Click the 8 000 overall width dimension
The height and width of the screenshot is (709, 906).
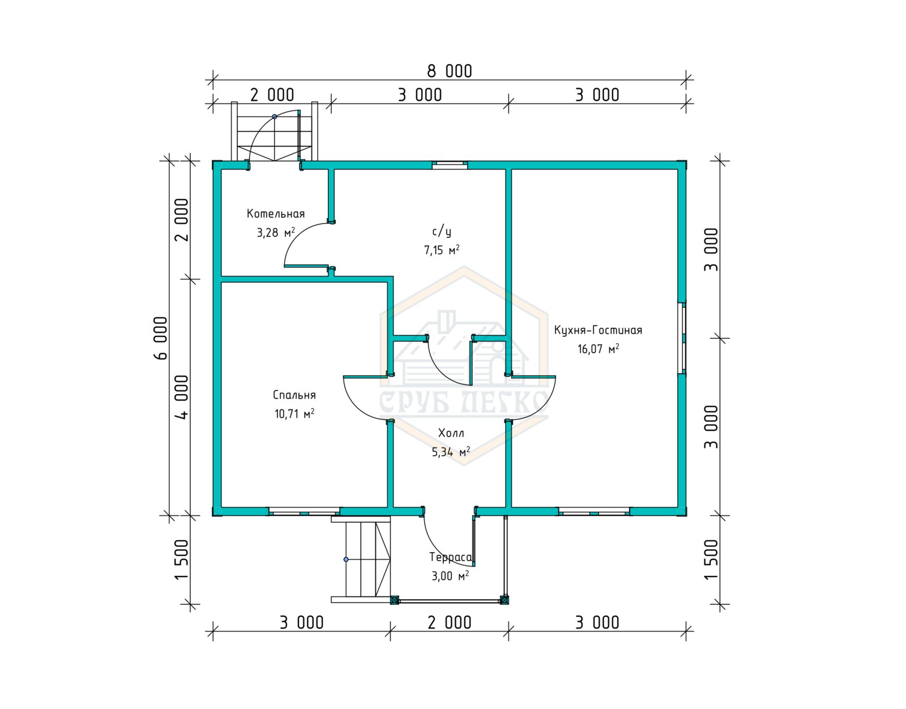coord(449,71)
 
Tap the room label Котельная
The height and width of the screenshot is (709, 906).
coord(276,214)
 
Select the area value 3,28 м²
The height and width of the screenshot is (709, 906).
coord(276,232)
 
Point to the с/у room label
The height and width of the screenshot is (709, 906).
coord(442,232)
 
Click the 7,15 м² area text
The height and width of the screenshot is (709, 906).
coord(442,250)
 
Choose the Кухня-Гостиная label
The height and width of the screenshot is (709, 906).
coord(598,330)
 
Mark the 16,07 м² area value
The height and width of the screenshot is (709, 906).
coord(598,348)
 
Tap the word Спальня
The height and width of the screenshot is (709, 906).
coord(294,395)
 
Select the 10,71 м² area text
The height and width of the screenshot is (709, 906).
coord(294,413)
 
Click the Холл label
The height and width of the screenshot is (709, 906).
coord(451,433)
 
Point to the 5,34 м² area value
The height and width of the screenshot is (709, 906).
coord(451,452)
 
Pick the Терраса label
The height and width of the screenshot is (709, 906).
coord(450,557)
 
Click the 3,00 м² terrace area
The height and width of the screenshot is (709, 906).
coord(450,576)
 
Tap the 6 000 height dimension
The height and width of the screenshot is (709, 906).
coord(161,338)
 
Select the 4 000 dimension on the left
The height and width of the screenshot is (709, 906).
coord(182,397)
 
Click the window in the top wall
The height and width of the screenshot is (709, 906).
coord(450,165)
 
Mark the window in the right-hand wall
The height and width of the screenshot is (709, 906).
coord(682,338)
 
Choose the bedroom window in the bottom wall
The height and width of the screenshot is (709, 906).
coord(304,512)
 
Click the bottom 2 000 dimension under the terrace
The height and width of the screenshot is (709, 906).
coord(449,623)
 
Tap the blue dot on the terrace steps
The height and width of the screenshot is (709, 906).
coord(345,559)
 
